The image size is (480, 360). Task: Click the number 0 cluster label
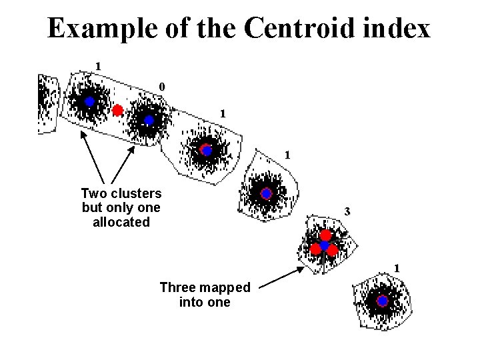(x=162, y=86)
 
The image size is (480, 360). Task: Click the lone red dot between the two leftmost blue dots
(x=118, y=110)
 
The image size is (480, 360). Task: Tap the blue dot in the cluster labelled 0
(x=149, y=120)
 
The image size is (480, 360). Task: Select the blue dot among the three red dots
(x=324, y=246)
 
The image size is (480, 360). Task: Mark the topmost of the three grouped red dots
(x=325, y=235)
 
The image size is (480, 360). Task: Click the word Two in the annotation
(x=93, y=193)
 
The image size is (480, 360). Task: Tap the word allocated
(x=121, y=222)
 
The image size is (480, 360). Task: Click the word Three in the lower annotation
(x=177, y=287)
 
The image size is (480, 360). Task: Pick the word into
(x=191, y=302)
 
